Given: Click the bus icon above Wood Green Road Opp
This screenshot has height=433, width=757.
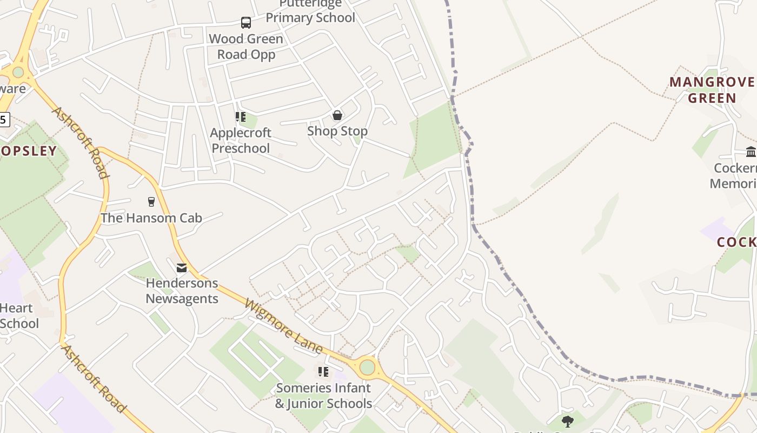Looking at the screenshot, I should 246,23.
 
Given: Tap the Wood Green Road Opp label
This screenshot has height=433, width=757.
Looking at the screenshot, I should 246,47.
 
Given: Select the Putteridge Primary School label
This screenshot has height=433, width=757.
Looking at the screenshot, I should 310,11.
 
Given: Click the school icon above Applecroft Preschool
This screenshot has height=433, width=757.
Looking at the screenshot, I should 240,117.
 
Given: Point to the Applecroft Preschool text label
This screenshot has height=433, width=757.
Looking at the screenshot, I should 241,140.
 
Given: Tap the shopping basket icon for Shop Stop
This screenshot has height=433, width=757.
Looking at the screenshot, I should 337,115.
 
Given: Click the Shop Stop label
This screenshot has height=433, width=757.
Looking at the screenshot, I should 337,131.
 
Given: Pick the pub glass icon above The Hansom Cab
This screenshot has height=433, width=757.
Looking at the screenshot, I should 151,202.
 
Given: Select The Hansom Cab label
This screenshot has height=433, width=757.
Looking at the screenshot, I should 151,218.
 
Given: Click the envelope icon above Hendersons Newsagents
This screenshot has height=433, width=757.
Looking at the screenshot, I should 182,267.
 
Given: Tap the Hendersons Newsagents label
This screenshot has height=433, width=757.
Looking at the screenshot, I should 182,291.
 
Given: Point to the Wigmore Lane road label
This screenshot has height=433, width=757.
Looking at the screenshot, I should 284,326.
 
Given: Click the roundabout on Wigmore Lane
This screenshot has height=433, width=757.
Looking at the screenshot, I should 367,368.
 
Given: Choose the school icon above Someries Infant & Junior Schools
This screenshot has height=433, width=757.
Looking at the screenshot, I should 323,372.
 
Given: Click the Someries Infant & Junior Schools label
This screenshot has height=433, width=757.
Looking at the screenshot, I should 323,396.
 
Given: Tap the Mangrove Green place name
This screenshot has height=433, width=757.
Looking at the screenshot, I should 712,90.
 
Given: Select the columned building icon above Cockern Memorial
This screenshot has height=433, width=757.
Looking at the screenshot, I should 751,152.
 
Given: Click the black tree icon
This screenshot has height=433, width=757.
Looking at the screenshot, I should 567,421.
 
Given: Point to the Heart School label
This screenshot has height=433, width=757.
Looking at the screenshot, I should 19,316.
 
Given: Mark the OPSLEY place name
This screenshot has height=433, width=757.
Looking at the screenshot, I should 28,151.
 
